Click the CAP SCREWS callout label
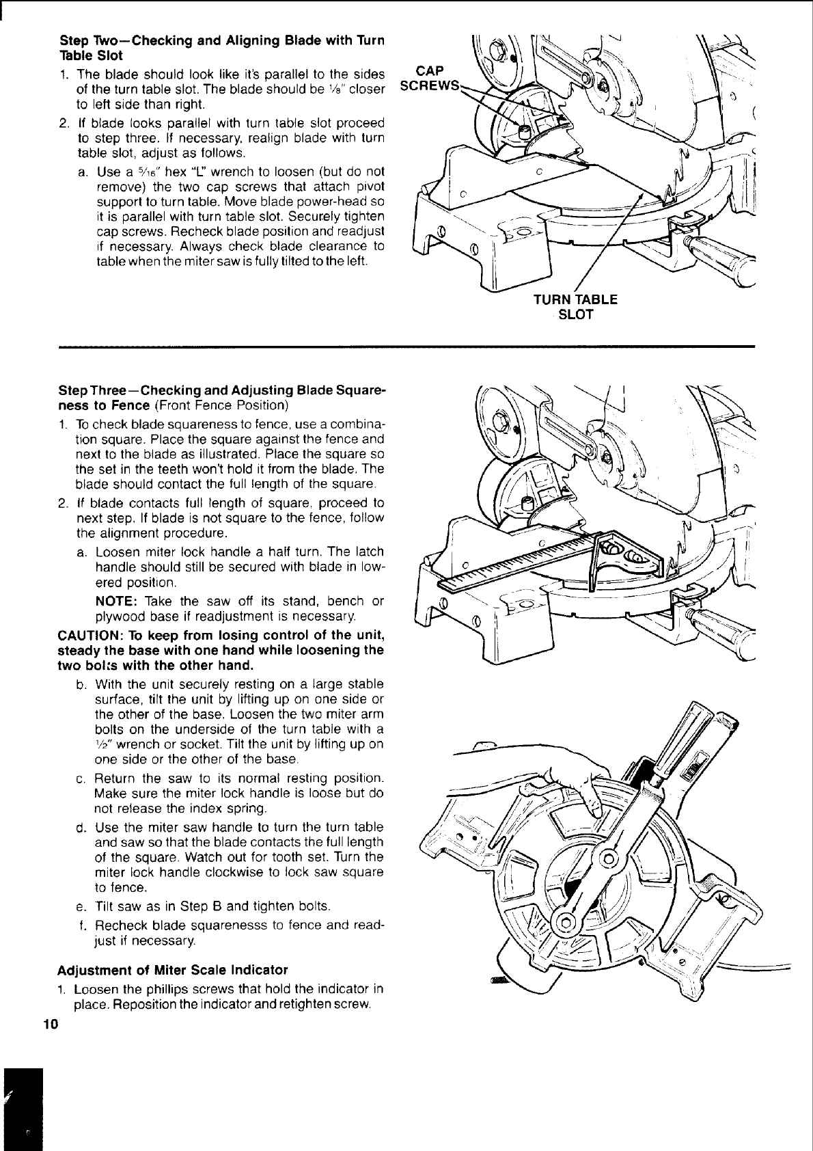(429, 77)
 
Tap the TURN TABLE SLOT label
(575, 307)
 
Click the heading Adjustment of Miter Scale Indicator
(173, 970)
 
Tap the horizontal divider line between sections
(406, 347)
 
